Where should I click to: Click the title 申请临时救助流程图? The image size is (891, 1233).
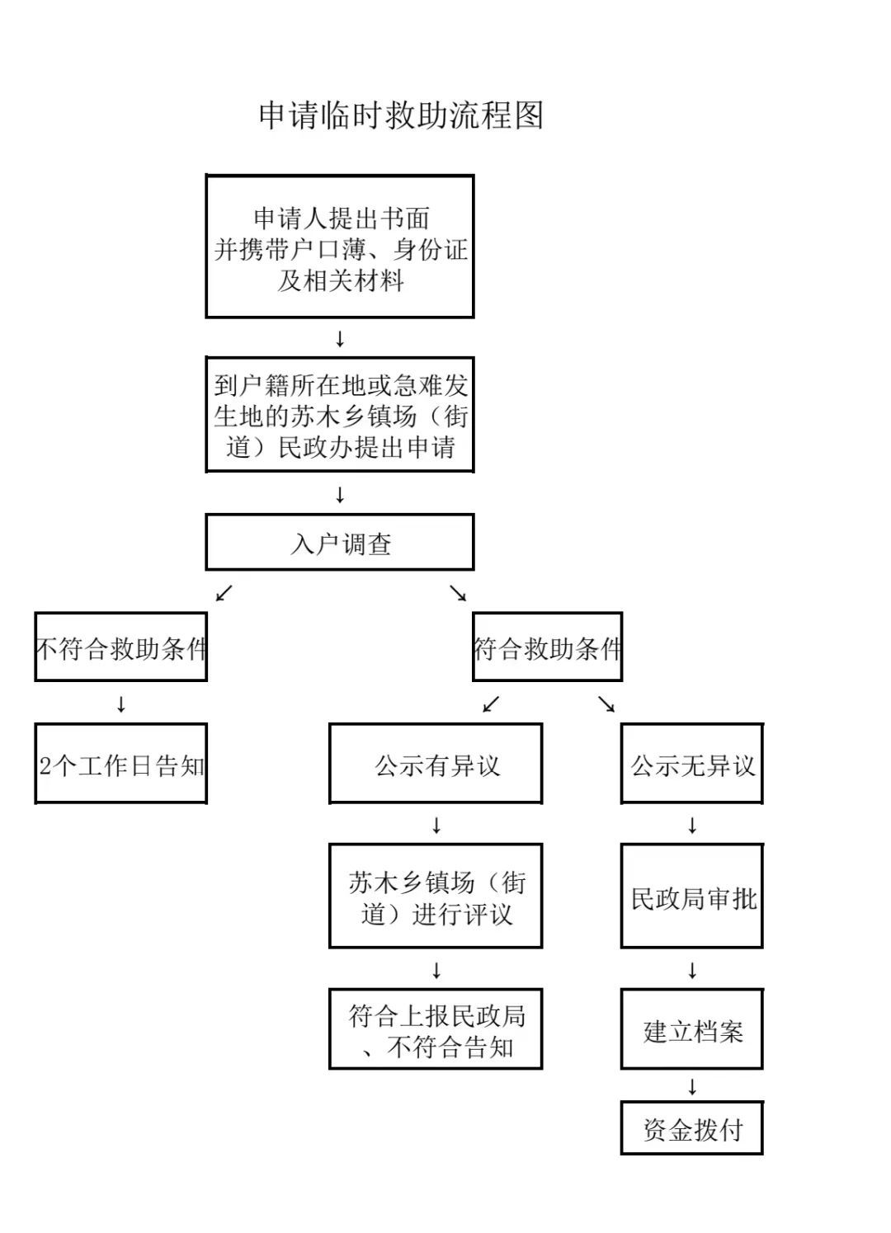[401, 115]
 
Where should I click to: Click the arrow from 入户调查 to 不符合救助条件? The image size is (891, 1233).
[224, 593]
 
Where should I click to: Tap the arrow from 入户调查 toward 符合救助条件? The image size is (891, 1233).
[458, 593]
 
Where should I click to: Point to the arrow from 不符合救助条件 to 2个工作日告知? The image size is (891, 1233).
[121, 704]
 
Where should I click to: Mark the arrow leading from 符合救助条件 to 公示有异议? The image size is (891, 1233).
[491, 704]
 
